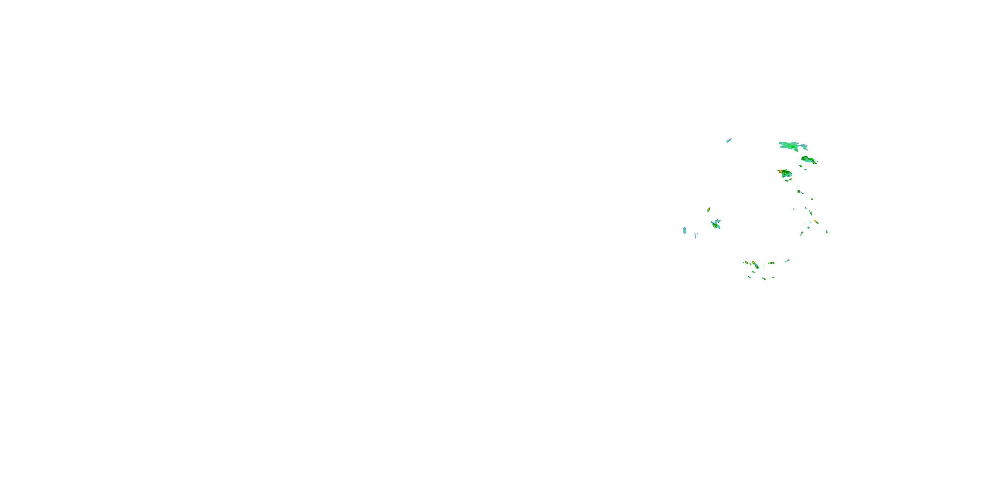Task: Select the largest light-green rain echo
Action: [793, 146]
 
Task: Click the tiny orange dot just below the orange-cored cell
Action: [791, 179]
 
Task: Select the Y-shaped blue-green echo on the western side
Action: [716, 224]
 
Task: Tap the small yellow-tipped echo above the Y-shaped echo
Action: [709, 209]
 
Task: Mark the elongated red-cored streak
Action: [816, 222]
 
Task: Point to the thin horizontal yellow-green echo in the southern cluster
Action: [771, 263]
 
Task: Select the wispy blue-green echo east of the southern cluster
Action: [787, 261]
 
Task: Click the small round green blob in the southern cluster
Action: [753, 272]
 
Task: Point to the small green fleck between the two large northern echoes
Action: [800, 166]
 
